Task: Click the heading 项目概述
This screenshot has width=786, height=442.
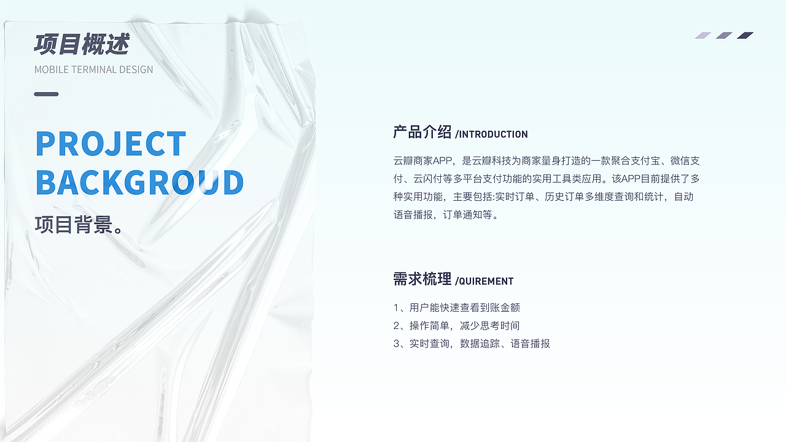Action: (x=82, y=45)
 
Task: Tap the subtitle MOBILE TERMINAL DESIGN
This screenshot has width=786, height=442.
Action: (x=93, y=69)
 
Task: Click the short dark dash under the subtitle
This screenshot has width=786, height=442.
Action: (x=46, y=94)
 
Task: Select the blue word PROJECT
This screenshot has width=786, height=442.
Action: (x=111, y=144)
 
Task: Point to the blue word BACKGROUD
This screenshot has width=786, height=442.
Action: (x=139, y=182)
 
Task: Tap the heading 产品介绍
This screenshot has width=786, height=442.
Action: (x=422, y=132)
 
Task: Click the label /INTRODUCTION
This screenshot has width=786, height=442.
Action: (x=491, y=134)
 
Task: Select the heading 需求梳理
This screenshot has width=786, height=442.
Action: (x=422, y=279)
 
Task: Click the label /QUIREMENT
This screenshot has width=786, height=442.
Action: (x=484, y=281)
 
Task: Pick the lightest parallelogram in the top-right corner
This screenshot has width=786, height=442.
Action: (x=702, y=36)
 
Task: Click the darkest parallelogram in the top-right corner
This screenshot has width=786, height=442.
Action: (x=745, y=36)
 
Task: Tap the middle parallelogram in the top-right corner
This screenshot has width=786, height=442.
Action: (x=724, y=36)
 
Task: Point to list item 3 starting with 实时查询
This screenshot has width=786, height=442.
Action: (x=472, y=344)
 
